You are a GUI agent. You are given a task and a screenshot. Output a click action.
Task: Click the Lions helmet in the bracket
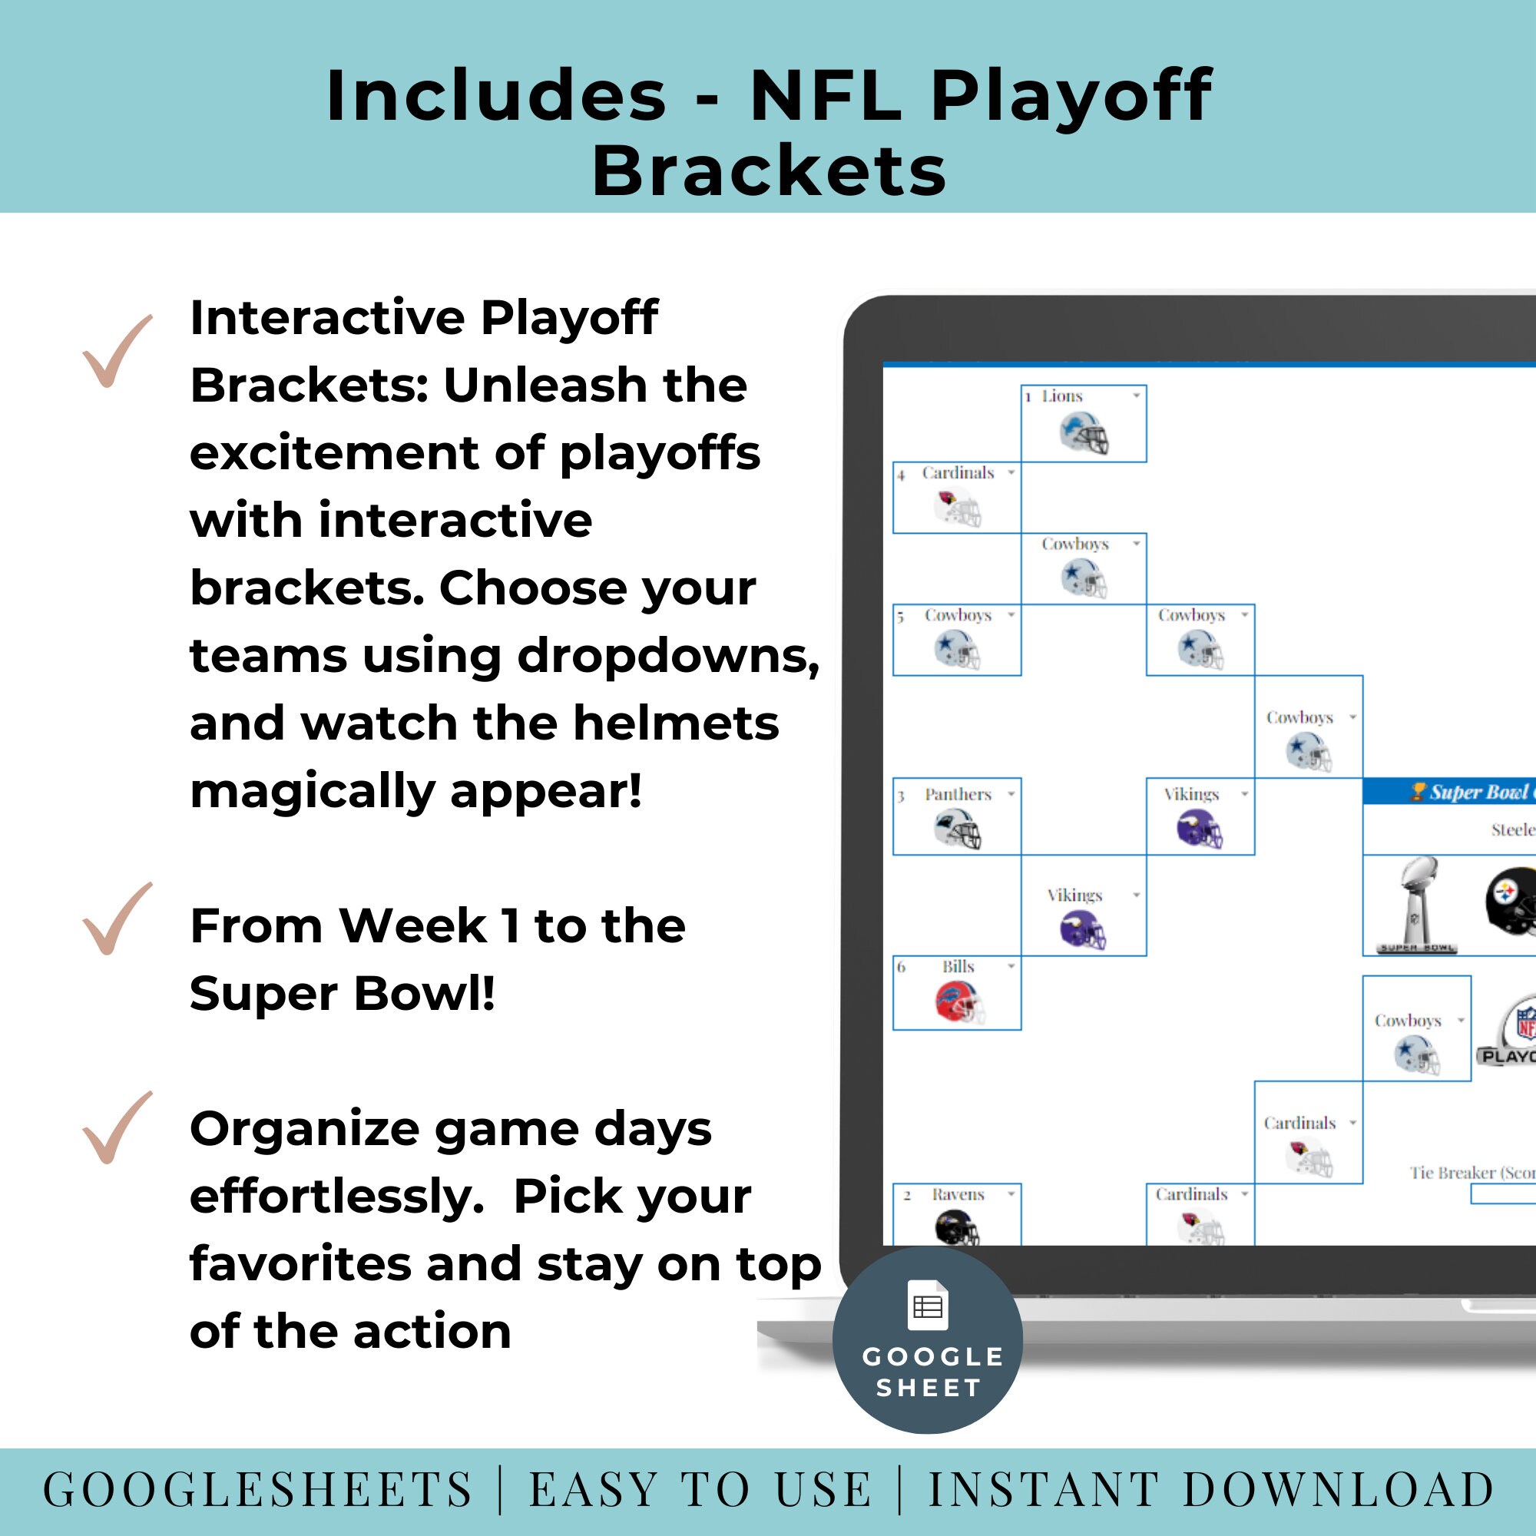click(1084, 434)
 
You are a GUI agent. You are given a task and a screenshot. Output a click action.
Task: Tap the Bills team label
click(958, 967)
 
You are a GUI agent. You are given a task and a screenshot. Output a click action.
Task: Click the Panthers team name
click(958, 794)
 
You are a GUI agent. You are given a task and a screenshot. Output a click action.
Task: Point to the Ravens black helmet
click(956, 1226)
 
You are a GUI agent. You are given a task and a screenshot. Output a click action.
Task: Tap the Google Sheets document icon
click(928, 1306)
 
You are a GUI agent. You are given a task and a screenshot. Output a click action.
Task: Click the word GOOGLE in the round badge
click(933, 1357)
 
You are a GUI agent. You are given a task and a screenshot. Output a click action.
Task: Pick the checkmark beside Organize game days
click(117, 1127)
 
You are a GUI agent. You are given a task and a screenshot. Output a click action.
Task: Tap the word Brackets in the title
click(769, 172)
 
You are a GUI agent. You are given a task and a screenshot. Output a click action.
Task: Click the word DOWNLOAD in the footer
click(1339, 1488)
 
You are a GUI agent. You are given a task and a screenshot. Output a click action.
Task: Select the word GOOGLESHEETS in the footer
click(258, 1488)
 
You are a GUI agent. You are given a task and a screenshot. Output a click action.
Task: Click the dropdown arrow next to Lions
click(1136, 395)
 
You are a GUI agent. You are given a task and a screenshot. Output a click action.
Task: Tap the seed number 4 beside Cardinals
click(902, 475)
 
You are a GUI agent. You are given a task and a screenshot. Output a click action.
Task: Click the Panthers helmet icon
click(958, 830)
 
